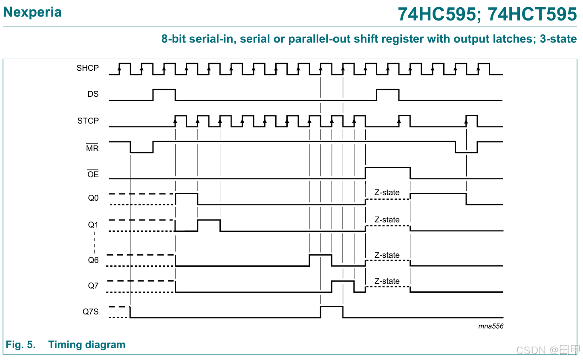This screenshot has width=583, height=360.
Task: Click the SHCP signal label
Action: click(x=87, y=68)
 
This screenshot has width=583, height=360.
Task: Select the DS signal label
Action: click(x=93, y=94)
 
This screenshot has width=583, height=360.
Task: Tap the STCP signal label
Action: click(x=88, y=121)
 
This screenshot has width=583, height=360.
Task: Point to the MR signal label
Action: click(x=92, y=149)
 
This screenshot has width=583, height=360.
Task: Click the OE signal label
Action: click(x=92, y=174)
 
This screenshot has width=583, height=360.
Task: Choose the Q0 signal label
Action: click(x=93, y=198)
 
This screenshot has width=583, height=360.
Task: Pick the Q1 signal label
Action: click(x=93, y=225)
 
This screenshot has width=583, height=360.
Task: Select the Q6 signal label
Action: click(x=93, y=260)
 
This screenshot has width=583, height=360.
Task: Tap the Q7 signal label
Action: click(x=93, y=286)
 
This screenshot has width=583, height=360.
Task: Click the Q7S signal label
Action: click(x=90, y=312)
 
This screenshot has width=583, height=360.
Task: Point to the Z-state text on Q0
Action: click(x=387, y=193)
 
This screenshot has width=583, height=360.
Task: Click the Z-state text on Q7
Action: click(x=387, y=281)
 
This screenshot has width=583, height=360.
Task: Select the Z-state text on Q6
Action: click(x=387, y=255)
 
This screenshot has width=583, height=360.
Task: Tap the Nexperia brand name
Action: click(x=32, y=12)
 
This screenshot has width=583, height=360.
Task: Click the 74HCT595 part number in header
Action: click(x=532, y=14)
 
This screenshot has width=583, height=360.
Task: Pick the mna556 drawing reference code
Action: click(x=491, y=326)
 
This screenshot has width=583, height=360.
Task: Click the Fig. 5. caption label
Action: click(x=20, y=345)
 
